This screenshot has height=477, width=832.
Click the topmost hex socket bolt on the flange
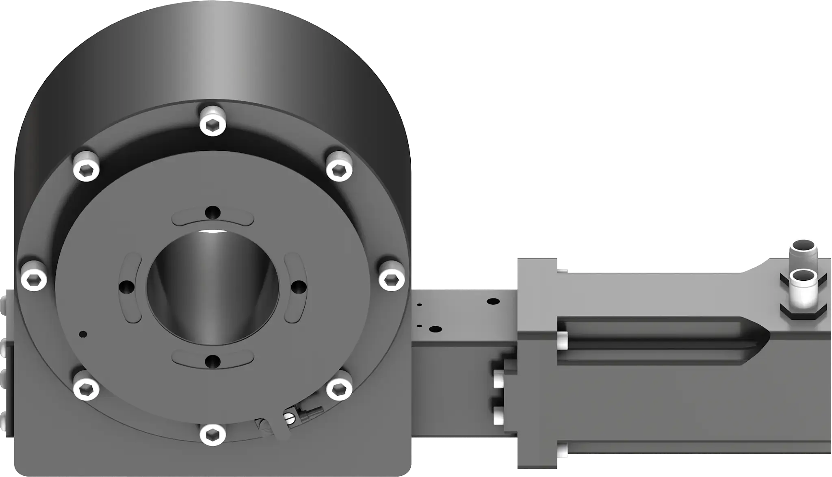pyautogui.click(x=213, y=121)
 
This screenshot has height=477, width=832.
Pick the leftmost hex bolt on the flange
pyautogui.click(x=34, y=279)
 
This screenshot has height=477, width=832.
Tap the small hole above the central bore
pyautogui.click(x=213, y=212)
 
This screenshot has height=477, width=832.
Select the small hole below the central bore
pyautogui.click(x=212, y=361)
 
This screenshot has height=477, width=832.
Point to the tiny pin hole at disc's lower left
pyautogui.click(x=83, y=334)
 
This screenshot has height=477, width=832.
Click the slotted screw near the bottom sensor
pyautogui.click(x=289, y=418)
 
